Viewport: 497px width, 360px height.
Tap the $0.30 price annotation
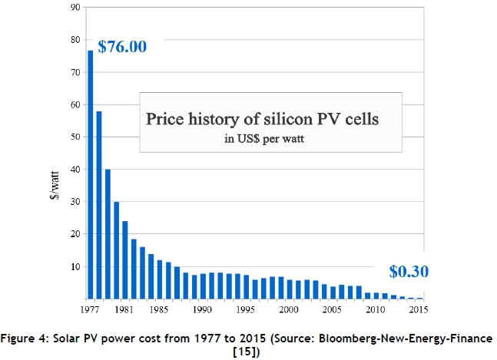(408, 271)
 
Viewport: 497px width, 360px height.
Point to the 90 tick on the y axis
(75, 7)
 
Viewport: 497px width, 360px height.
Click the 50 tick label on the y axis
(75, 137)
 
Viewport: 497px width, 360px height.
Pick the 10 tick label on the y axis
(75, 266)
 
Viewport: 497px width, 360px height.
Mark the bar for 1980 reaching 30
(117, 250)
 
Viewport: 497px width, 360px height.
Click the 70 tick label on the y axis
(75, 72)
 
